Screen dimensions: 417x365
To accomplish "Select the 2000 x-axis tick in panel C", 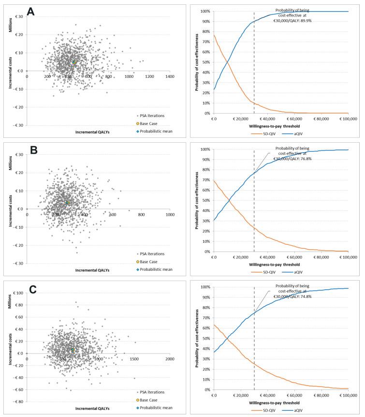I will pyautogui.click(x=169, y=360).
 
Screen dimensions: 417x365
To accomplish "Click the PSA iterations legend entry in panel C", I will pyautogui.click(x=154, y=392).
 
